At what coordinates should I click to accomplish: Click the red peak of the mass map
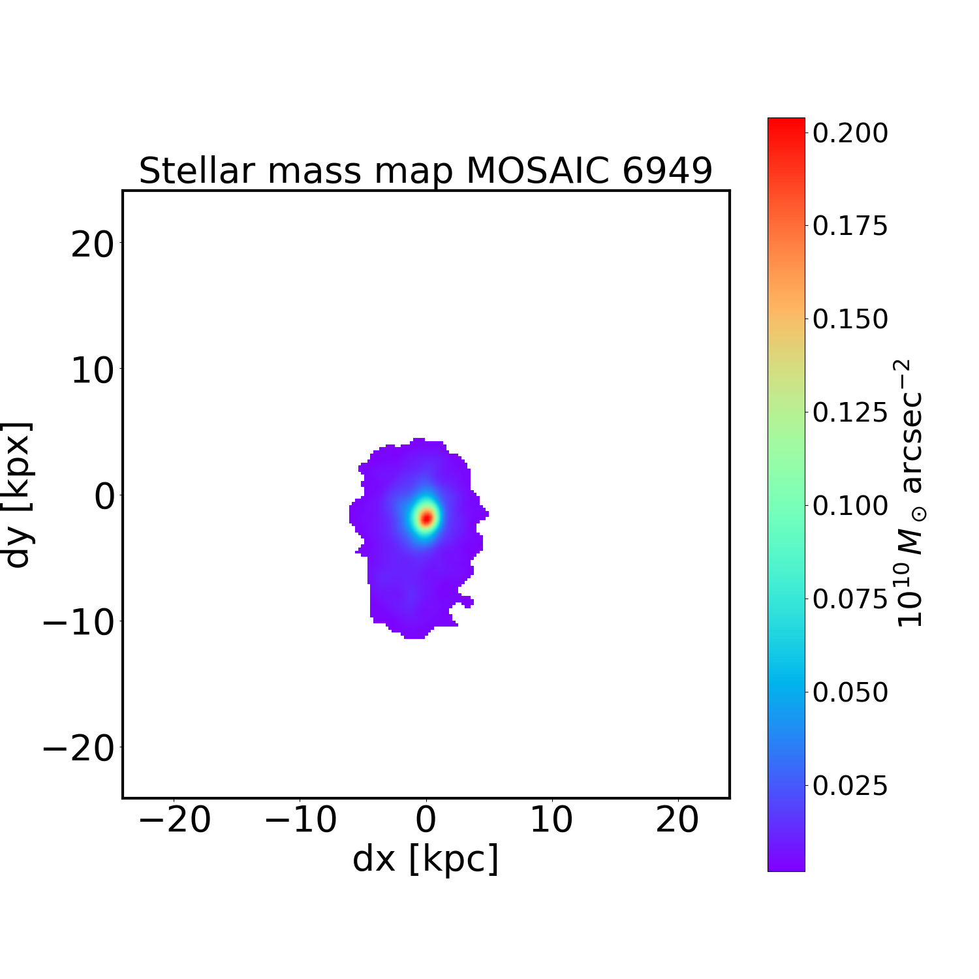(x=426, y=518)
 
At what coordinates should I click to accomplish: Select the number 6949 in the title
(x=667, y=171)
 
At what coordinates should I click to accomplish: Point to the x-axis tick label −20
(x=175, y=820)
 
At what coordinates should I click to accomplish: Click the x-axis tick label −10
(x=301, y=820)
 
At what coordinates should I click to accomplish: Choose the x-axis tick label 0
(x=426, y=820)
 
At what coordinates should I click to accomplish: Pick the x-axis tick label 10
(x=552, y=820)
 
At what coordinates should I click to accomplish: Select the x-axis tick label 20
(x=677, y=820)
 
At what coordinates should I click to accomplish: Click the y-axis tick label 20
(x=92, y=245)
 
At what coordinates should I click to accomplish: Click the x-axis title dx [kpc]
(x=426, y=859)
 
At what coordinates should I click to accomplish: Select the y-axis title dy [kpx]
(x=18, y=495)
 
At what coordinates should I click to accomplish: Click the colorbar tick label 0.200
(x=850, y=133)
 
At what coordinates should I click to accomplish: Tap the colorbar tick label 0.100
(x=850, y=506)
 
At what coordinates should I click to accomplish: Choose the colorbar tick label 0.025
(x=850, y=786)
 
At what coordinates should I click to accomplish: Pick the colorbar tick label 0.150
(x=850, y=320)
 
